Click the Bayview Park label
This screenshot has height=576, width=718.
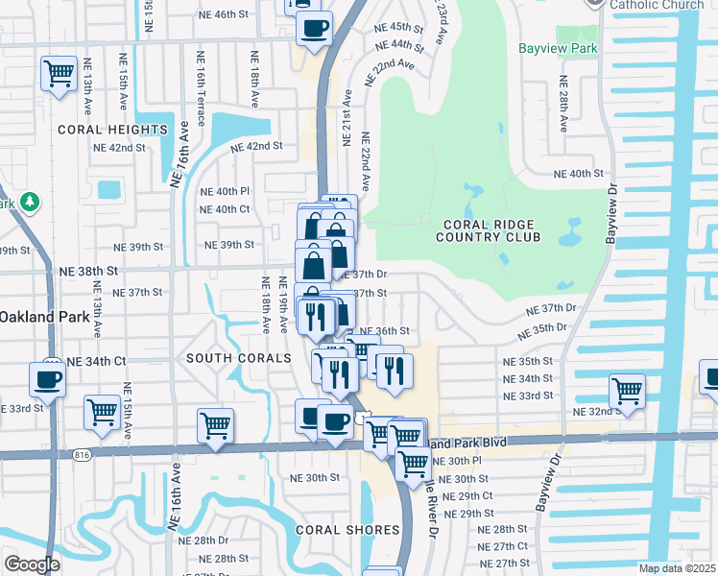(558, 48)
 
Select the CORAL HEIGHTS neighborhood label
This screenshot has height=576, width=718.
(112, 130)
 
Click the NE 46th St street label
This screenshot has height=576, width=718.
(218, 15)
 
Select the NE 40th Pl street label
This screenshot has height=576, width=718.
(225, 191)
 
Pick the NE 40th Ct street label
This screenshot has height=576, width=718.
(225, 209)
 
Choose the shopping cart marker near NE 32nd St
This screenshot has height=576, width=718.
(627, 391)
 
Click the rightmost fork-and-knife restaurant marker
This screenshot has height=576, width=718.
(394, 369)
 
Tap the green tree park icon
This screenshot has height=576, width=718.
(30, 202)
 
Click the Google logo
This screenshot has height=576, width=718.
(32, 564)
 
